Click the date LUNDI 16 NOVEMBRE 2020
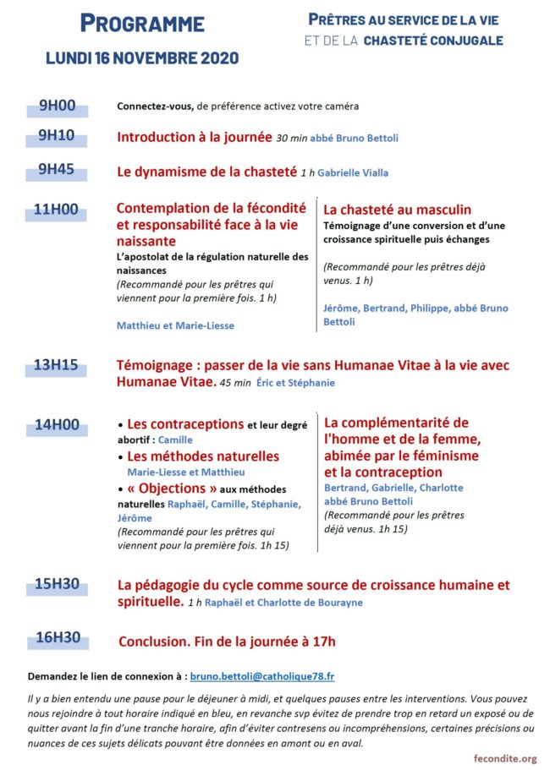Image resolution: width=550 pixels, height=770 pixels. [x=142, y=57]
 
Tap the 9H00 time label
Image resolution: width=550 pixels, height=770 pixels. [x=58, y=106]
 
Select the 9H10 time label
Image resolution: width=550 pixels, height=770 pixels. [x=58, y=135]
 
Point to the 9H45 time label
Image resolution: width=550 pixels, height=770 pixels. [x=58, y=169]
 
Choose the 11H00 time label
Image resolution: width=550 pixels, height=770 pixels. [x=58, y=209]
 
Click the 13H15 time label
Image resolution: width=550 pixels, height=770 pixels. [x=58, y=366]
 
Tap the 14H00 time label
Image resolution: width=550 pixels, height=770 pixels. [x=58, y=424]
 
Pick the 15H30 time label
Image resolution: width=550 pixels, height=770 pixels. [x=58, y=584]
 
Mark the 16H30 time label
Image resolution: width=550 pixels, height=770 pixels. [x=58, y=638]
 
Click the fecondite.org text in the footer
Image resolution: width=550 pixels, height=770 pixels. [x=504, y=758]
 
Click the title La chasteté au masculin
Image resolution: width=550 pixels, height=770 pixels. [x=398, y=210]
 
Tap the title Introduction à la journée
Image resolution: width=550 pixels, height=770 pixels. [x=195, y=137]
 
